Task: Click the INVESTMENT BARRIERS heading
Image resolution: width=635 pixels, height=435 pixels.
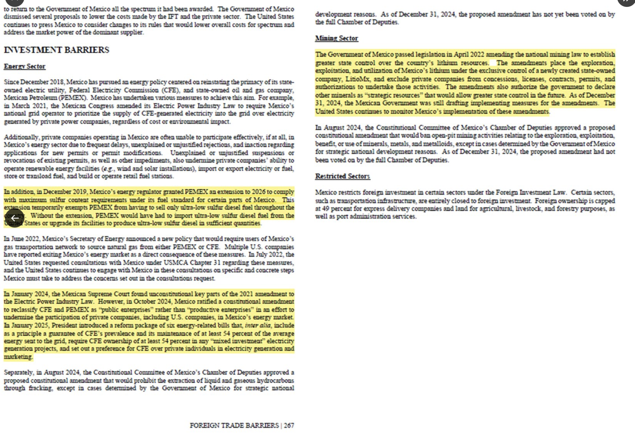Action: [x=56, y=50]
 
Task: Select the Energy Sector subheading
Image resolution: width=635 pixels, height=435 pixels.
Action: [x=24, y=66]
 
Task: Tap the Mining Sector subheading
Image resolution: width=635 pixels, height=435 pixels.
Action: [x=336, y=38]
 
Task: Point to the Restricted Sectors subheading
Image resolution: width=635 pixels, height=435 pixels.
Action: [x=342, y=176]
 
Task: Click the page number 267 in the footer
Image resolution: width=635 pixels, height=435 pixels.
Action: [x=289, y=425]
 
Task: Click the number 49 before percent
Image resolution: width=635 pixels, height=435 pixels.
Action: [x=326, y=208]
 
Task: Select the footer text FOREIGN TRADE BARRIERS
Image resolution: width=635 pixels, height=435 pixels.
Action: [x=234, y=425]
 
